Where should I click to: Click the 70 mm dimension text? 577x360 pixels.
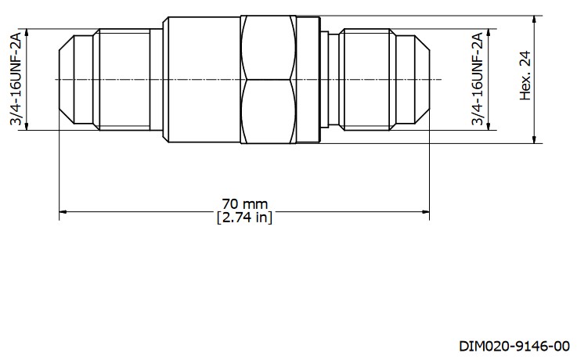pos(244,204)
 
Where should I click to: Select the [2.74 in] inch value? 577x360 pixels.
pos(244,218)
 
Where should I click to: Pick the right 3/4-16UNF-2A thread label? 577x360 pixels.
pos(476,79)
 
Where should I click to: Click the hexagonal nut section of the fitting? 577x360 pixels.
pos(269,79)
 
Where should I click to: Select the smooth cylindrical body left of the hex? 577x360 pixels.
pos(201,79)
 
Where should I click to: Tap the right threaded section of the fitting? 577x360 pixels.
pos(368,79)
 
